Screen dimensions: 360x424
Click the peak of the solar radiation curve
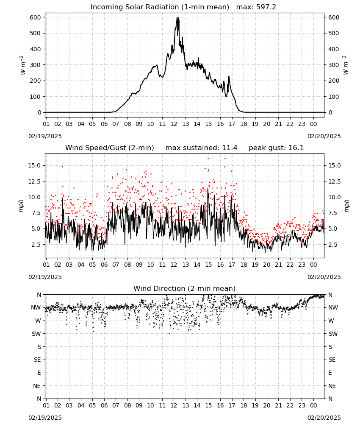177,17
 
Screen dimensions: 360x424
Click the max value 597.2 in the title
266,7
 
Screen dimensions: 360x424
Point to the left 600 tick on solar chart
36,17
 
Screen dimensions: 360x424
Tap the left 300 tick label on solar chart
36,65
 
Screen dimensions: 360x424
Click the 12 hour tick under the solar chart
174,124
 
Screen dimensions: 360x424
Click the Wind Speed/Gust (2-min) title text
110,148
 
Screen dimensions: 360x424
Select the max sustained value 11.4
231,148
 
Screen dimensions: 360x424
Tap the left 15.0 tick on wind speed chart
35,165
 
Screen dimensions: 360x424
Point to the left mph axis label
21,206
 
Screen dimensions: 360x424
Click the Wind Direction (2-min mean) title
185,288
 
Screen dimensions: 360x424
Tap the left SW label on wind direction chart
36,334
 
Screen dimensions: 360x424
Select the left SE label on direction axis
38,360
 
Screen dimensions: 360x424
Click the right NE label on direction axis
332,386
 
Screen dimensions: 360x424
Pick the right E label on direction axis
330,373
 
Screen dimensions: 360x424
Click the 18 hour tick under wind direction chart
244,405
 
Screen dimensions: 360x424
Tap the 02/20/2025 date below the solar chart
324,136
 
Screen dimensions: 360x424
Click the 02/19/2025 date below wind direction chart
45,418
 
